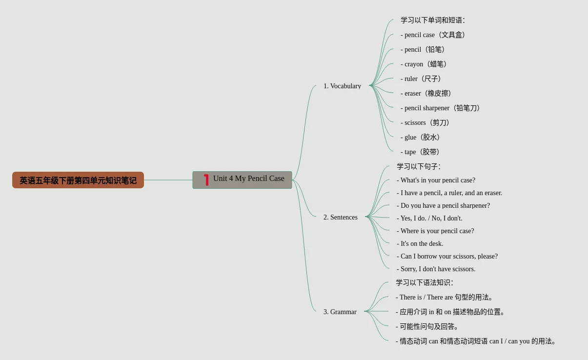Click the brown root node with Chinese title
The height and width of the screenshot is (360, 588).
click(78, 180)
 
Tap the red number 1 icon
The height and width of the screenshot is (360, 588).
click(206, 180)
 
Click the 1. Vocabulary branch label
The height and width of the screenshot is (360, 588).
click(342, 86)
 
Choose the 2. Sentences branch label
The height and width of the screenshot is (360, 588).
click(340, 217)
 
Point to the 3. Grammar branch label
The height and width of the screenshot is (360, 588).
click(340, 312)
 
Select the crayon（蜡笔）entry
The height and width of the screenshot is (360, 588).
click(425, 64)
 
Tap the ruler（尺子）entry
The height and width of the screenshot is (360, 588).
click(422, 79)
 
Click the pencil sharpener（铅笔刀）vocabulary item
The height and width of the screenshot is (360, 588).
click(441, 108)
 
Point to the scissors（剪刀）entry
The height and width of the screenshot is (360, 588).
click(426, 122)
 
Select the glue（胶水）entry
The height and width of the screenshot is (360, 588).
click(421, 137)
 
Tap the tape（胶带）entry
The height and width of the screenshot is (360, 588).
click(421, 152)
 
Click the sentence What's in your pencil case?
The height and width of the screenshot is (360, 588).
click(436, 180)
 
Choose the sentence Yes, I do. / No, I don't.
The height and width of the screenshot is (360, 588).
click(429, 218)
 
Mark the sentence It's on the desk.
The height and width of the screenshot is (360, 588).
click(420, 243)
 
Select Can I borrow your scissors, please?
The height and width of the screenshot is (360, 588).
click(447, 256)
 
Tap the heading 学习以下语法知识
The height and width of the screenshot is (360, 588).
click(424, 282)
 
